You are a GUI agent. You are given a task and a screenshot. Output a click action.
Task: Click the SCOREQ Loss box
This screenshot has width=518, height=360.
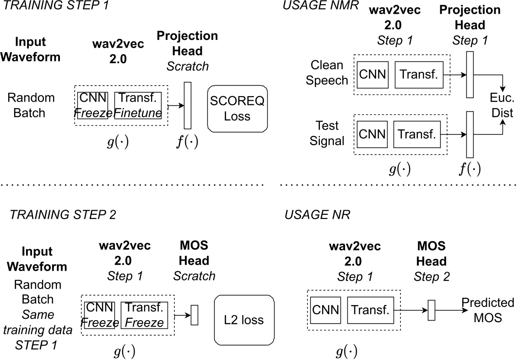coord(237,109)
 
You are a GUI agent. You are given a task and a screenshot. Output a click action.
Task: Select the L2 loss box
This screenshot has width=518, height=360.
coord(244,319)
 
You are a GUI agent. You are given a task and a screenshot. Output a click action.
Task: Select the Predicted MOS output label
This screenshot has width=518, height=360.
coord(487,310)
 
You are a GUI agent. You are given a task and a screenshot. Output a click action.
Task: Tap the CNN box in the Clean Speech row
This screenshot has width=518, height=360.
coord(372,74)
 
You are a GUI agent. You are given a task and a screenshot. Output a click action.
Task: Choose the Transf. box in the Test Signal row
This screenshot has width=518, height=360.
coord(415,134)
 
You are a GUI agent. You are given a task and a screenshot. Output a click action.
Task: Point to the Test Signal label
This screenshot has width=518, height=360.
coord(327,133)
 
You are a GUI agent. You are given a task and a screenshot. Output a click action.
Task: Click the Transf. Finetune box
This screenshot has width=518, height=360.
coord(138,105)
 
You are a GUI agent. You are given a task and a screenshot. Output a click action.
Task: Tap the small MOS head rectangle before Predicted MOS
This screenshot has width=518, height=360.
coord(431,310)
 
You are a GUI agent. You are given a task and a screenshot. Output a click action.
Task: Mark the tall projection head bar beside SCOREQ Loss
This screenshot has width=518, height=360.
coord(187,105)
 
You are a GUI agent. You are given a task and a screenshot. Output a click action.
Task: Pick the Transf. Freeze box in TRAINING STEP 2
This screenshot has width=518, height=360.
coord(145,315)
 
